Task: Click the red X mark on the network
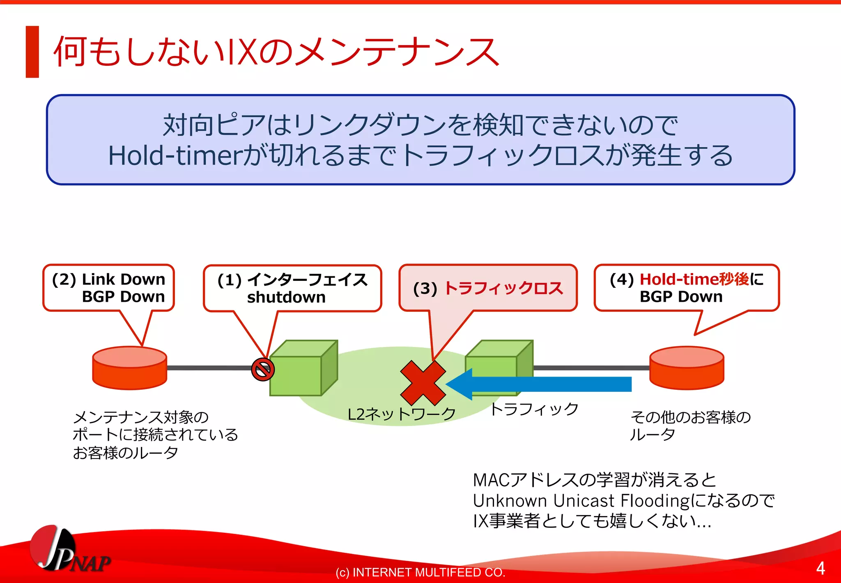point(423,383)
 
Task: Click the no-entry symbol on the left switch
point(263,369)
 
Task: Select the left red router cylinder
point(129,368)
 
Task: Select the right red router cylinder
point(687,368)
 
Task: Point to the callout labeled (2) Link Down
point(109,287)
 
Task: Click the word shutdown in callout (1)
point(286,297)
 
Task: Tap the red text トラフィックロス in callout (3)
point(503,288)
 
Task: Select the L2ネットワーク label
point(401,414)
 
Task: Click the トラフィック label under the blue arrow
point(534,409)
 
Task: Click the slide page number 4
point(820,568)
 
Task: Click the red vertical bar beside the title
point(32,52)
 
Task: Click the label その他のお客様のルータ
point(690,425)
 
